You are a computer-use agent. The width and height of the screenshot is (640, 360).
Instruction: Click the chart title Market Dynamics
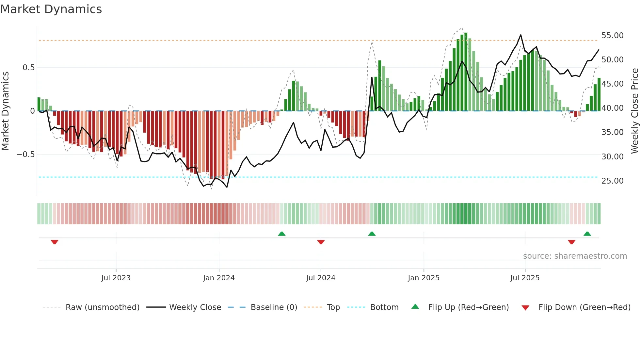pyautogui.click(x=51, y=9)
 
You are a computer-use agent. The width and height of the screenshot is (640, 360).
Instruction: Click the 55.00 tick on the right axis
pyautogui.click(x=612, y=35)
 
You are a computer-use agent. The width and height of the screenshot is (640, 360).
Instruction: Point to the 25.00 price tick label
pyautogui.click(x=612, y=181)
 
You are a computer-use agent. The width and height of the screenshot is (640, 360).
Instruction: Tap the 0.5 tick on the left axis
pyautogui.click(x=28, y=68)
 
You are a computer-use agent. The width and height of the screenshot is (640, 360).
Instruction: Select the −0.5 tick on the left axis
pyautogui.click(x=25, y=154)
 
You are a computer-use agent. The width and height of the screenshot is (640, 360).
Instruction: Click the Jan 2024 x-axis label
pyautogui.click(x=219, y=278)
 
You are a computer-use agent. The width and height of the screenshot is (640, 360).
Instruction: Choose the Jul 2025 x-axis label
pyautogui.click(x=525, y=278)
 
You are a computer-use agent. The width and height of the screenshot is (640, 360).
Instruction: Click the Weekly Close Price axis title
pyautogui.click(x=634, y=111)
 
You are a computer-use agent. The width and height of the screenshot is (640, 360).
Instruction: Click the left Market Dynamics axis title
pyautogui.click(x=5, y=111)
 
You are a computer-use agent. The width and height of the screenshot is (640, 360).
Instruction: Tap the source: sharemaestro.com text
pyautogui.click(x=575, y=256)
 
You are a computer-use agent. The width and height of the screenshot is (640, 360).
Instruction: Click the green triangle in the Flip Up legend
pyautogui.click(x=415, y=306)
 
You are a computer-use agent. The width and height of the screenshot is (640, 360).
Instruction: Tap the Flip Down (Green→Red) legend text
pyautogui.click(x=584, y=307)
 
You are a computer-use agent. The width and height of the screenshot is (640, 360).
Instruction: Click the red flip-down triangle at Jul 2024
pyautogui.click(x=321, y=242)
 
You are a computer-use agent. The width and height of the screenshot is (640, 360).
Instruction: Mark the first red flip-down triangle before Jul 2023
pyautogui.click(x=55, y=242)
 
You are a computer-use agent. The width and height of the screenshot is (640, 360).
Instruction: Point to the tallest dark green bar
pyautogui.click(x=466, y=72)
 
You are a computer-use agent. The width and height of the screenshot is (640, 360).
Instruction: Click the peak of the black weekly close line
pyautogui.click(x=520, y=35)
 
